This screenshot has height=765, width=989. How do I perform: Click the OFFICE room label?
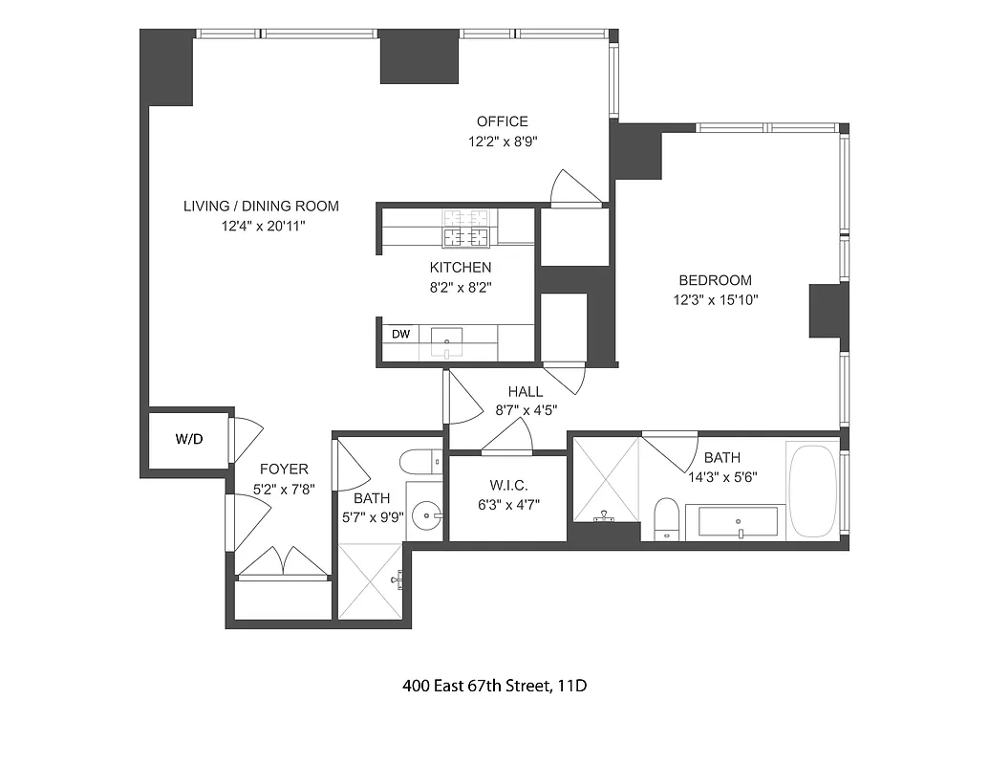pyautogui.click(x=503, y=121)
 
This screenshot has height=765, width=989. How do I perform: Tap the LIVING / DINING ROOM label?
pyautogui.click(x=261, y=206)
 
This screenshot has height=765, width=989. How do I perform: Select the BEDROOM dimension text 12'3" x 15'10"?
pyautogui.click(x=715, y=299)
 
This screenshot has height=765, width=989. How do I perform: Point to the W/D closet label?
pyautogui.click(x=188, y=440)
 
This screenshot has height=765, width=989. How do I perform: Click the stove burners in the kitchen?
pyautogui.click(x=465, y=229)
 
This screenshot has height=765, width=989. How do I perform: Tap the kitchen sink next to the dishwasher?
pyautogui.click(x=446, y=339)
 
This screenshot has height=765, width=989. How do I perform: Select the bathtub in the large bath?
pyautogui.click(x=812, y=489)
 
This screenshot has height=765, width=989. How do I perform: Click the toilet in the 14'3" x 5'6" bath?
pyautogui.click(x=666, y=519)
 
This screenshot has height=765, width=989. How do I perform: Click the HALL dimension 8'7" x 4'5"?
pyautogui.click(x=526, y=409)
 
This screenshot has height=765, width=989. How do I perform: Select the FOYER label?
pyautogui.click(x=284, y=469)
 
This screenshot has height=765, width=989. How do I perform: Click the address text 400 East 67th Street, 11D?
pyautogui.click(x=493, y=686)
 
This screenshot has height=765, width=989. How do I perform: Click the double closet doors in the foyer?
pyautogui.click(x=282, y=563)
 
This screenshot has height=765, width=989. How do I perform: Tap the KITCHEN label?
pyautogui.click(x=460, y=268)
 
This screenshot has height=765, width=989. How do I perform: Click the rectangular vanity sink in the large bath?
pyautogui.click(x=738, y=522)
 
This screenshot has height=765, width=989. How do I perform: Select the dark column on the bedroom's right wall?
pyautogui.click(x=828, y=311)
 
